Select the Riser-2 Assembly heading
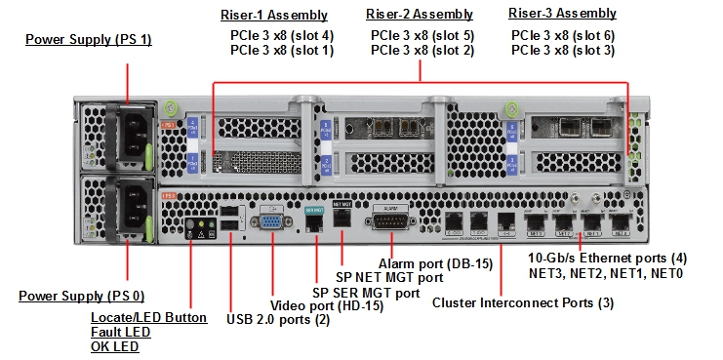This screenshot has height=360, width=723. pyautogui.click(x=420, y=15)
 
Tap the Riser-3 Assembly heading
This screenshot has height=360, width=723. pyautogui.click(x=562, y=14)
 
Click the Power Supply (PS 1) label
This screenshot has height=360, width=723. pyautogui.click(x=89, y=40)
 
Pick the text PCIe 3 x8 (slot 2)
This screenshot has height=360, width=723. pyautogui.click(x=422, y=51)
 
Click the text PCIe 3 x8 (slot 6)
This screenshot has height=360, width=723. pyautogui.click(x=563, y=35)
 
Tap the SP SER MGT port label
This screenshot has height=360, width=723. pyautogui.click(x=366, y=292)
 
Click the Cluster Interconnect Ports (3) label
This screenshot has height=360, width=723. pyautogui.click(x=522, y=303)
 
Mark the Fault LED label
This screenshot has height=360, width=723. pyautogui.click(x=121, y=332)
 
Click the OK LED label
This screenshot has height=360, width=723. pyautogui.click(x=115, y=346)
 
